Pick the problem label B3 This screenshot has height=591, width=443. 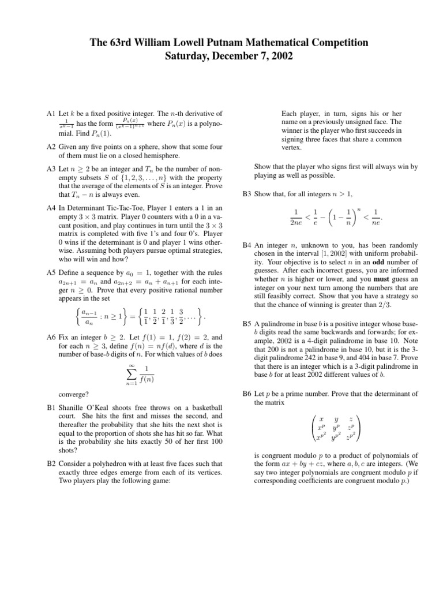[x=247, y=194]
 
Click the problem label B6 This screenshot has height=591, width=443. [x=247, y=394]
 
